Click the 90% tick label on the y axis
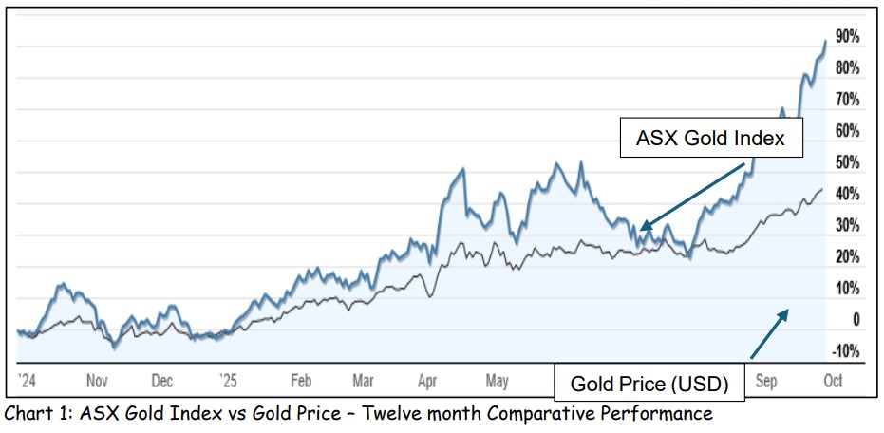[x=847, y=37]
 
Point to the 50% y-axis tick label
[x=847, y=162]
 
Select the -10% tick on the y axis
[x=845, y=351]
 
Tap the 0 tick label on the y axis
[x=856, y=320]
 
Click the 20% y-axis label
[x=847, y=257]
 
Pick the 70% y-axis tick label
[x=847, y=100]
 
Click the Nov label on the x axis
[x=98, y=381]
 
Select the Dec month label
[x=161, y=381]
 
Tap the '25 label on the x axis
[x=228, y=381]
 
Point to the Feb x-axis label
[x=301, y=381]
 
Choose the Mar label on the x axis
[x=363, y=381]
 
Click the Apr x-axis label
[x=427, y=381]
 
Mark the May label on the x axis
[x=497, y=381]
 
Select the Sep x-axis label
[x=765, y=381]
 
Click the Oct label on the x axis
[x=832, y=381]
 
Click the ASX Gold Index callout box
[x=710, y=139]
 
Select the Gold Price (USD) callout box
[x=649, y=384]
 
